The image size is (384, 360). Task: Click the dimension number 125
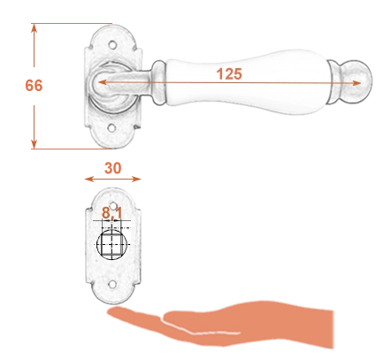click(x=229, y=73)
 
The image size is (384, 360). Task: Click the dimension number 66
click(x=34, y=86)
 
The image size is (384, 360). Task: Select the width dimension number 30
click(x=112, y=168)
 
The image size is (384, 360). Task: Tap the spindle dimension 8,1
click(x=111, y=213)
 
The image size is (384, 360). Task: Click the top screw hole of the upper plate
click(x=112, y=45)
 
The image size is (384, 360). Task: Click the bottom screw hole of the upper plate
click(x=111, y=128)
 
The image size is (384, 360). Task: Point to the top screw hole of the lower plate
click(x=113, y=205)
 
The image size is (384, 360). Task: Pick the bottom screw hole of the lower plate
click(x=111, y=284)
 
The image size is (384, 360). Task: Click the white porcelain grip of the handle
click(x=247, y=82)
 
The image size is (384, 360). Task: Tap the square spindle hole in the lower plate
click(x=111, y=245)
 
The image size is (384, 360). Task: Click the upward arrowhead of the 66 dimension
click(x=34, y=28)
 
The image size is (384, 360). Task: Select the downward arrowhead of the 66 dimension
click(x=34, y=144)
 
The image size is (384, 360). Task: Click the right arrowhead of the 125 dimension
click(x=357, y=83)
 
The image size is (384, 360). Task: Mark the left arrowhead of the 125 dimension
click(x=102, y=82)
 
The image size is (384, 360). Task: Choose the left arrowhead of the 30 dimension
click(x=89, y=179)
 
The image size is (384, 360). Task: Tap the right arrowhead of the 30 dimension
click(x=136, y=179)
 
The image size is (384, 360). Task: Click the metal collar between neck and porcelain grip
click(x=158, y=82)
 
